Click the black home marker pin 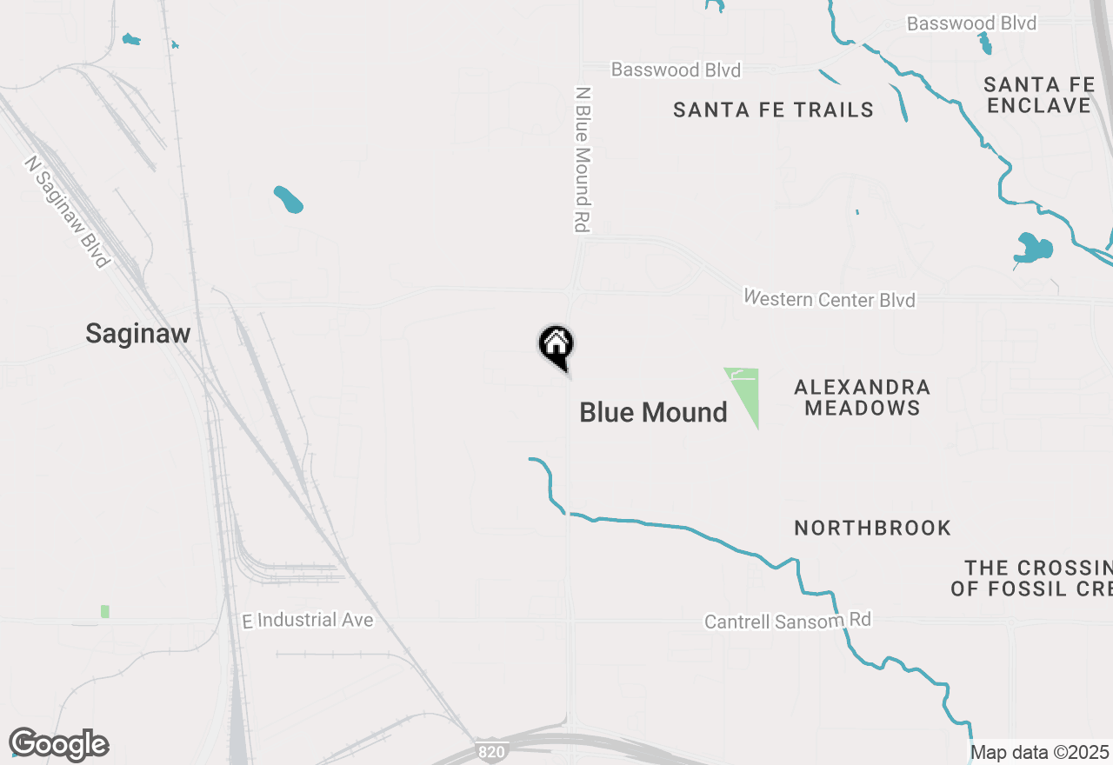click(556, 346)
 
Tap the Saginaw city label click(137, 333)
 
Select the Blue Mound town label click(653, 412)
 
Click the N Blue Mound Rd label click(583, 159)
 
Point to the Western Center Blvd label click(829, 299)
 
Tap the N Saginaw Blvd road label click(68, 212)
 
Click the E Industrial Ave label click(308, 620)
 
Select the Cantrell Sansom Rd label click(787, 621)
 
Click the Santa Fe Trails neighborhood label click(773, 110)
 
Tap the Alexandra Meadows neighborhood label click(862, 397)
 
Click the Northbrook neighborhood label click(872, 528)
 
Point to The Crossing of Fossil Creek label click(1031, 578)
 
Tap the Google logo click(58, 744)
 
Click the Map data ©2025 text click(1039, 752)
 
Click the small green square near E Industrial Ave click(105, 611)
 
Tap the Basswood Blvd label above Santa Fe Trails click(676, 70)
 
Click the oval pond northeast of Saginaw click(289, 200)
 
